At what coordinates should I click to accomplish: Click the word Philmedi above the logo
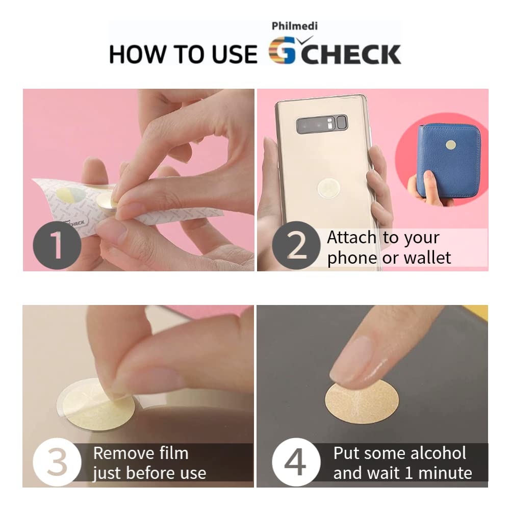pos(294,26)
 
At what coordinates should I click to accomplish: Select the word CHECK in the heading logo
pos(351,54)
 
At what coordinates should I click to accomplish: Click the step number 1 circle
pos(57,245)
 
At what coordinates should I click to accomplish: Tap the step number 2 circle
pos(296,245)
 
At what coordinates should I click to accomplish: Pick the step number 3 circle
pos(57,462)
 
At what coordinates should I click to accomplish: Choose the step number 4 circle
pos(296,462)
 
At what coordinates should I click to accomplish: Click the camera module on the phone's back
pos(322,124)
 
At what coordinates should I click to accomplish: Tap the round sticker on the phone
pos(329,188)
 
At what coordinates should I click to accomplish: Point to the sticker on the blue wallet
pos(450,145)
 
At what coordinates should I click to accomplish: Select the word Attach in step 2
pos(351,237)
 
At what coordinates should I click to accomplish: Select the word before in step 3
pos(152,473)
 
